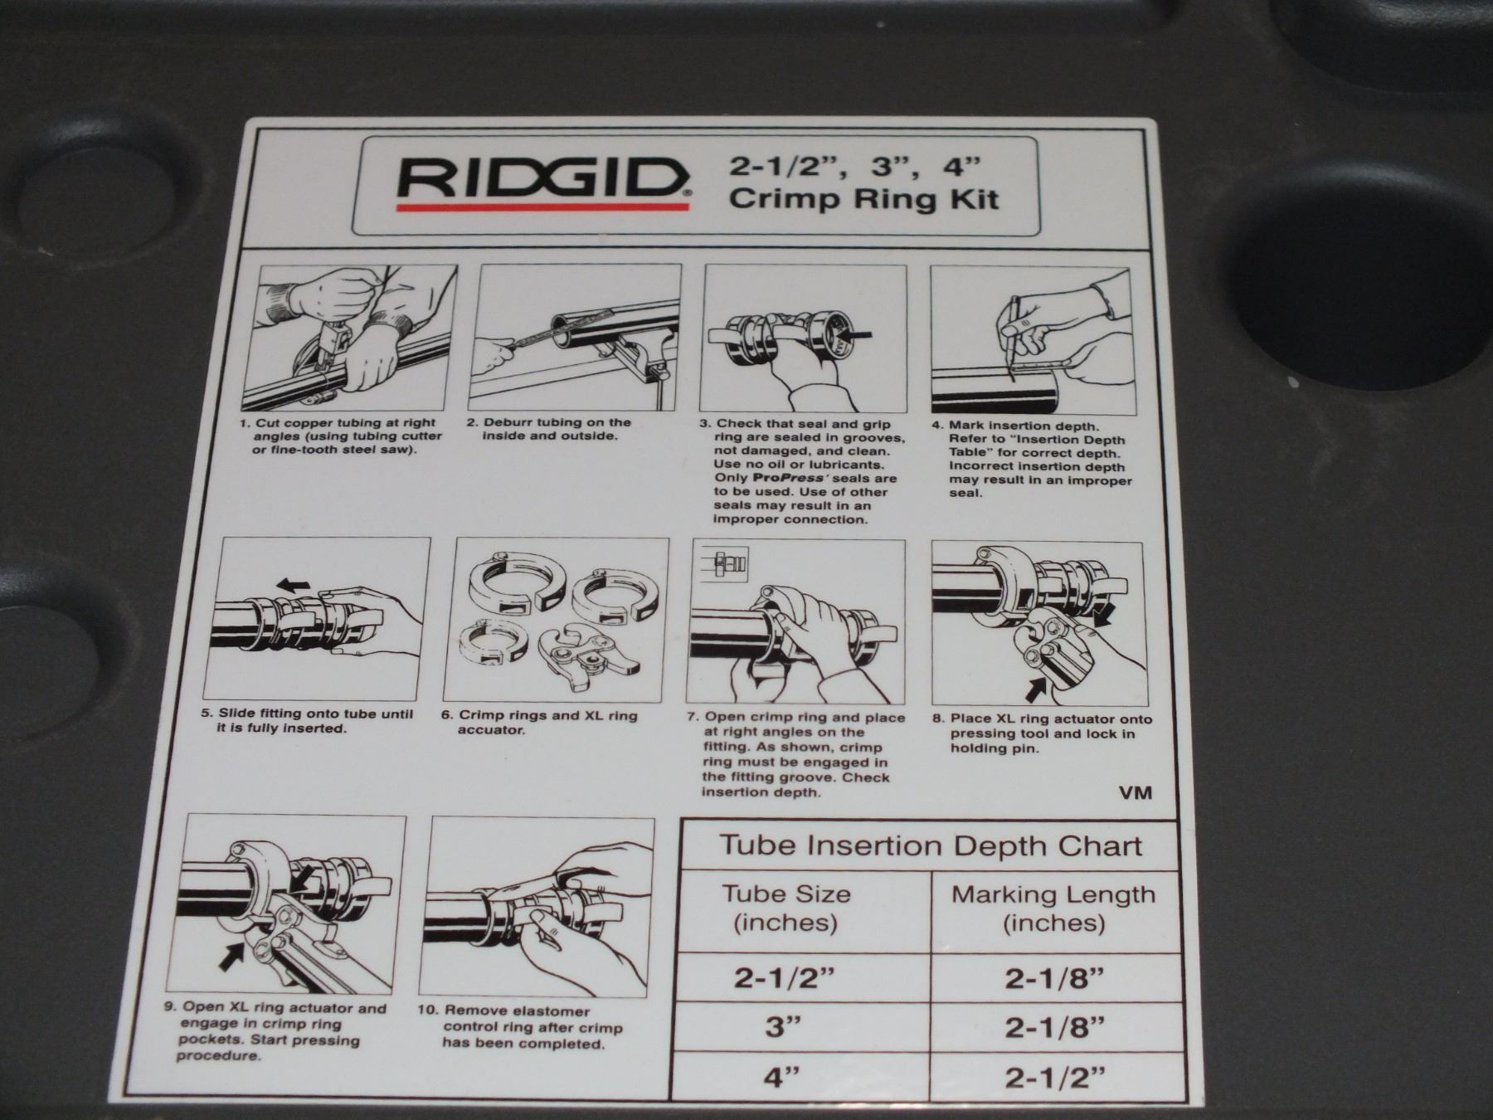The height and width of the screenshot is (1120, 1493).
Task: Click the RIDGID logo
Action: tap(543, 183)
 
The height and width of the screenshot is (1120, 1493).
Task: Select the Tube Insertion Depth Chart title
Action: tap(930, 846)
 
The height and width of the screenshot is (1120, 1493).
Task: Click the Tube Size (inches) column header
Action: tap(785, 908)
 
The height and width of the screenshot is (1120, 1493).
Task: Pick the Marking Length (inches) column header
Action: tap(1053, 908)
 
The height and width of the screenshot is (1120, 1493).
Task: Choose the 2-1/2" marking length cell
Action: tap(1055, 1079)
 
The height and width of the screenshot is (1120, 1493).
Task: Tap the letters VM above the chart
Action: tap(1136, 792)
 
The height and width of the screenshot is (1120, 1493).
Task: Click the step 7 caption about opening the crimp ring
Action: tap(796, 754)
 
